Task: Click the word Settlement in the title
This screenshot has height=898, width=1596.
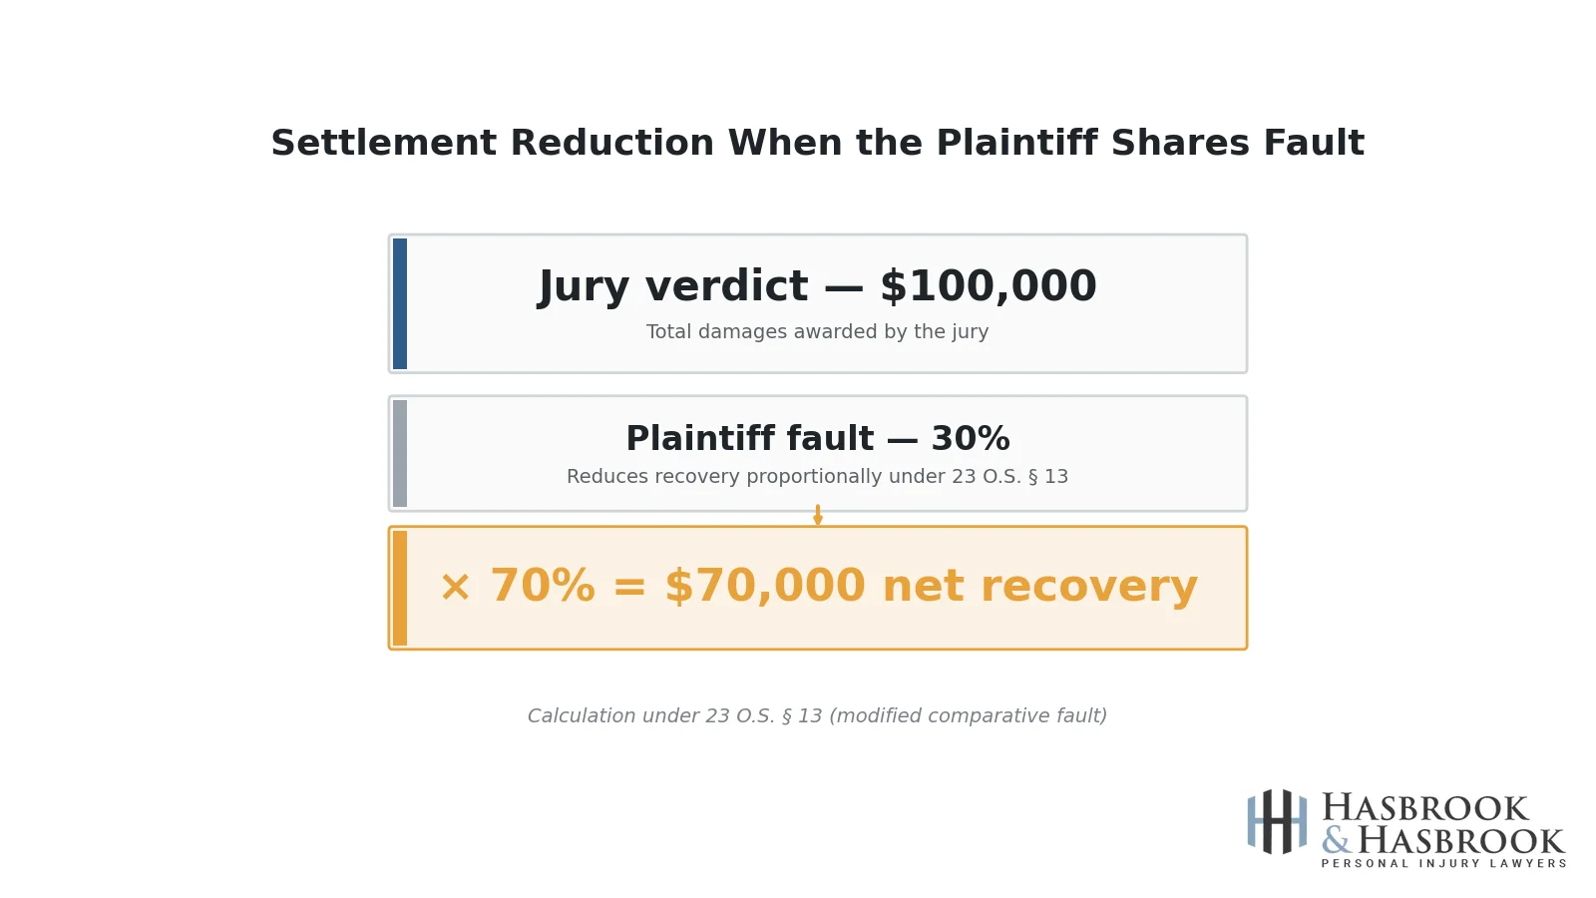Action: tap(383, 144)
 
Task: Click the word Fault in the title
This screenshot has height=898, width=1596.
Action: tap(1313, 144)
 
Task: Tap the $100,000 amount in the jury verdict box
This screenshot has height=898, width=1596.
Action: tap(988, 287)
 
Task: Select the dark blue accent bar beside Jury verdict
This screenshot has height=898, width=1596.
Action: tap(400, 303)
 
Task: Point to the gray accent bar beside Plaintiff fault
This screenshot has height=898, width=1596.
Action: tap(400, 453)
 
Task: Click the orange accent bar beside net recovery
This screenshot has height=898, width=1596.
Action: tap(400, 588)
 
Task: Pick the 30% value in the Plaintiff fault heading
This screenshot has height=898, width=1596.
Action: tap(970, 439)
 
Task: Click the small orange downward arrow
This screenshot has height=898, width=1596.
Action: tap(818, 516)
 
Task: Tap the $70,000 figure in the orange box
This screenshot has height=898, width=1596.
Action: tap(764, 587)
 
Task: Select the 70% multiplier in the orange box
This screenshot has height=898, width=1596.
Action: tap(542, 587)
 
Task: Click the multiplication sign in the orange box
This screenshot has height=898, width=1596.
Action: tap(455, 588)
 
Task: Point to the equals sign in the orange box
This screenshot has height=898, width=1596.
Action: tap(629, 588)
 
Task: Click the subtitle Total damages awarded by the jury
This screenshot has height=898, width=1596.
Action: tap(817, 332)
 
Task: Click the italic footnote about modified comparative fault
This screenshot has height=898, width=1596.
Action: tap(817, 716)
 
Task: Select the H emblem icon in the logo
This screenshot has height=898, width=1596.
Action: tap(1277, 821)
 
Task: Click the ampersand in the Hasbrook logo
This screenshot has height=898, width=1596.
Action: tap(1336, 841)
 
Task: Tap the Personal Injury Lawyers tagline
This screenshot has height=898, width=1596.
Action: tap(1443, 864)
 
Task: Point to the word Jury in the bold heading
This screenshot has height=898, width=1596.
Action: tap(585, 287)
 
